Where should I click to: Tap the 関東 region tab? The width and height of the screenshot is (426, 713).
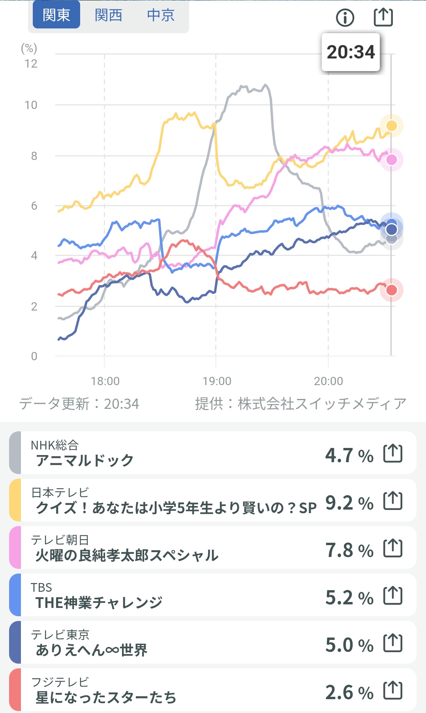56,15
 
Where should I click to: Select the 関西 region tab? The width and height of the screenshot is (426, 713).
109,15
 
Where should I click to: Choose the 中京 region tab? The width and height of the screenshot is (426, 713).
161,15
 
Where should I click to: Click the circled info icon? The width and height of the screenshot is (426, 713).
345,17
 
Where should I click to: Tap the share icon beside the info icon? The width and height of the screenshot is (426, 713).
383,17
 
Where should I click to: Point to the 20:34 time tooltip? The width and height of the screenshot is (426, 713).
351,52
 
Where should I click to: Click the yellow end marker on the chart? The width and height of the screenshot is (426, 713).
391,126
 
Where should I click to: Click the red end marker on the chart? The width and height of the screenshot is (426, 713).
391,290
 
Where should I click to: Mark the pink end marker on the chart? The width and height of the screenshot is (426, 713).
391,160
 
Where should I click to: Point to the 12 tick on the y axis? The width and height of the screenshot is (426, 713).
31,64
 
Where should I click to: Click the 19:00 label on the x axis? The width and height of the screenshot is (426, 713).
217,381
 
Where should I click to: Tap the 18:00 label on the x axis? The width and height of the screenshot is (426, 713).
105,381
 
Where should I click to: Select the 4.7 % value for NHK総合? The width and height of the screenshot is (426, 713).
349,455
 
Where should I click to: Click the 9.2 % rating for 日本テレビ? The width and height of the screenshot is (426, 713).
349,503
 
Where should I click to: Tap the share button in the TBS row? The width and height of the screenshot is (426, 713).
393,595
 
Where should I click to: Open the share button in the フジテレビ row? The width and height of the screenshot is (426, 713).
393,690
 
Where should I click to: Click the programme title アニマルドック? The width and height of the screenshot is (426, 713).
84,460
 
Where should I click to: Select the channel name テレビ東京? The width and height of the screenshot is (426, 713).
60,634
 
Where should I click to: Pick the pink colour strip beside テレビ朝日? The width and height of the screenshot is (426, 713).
15,547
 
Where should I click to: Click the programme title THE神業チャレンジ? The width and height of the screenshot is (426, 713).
99,602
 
